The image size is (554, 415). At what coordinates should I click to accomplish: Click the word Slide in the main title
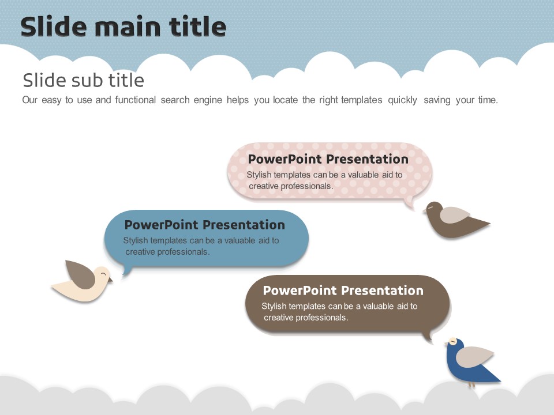point(54,27)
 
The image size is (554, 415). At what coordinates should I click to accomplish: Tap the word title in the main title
point(197,27)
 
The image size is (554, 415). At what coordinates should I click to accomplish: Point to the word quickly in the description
point(402,100)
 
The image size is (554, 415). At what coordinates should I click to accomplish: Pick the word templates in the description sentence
point(361,100)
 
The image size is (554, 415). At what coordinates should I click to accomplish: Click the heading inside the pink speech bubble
point(328,159)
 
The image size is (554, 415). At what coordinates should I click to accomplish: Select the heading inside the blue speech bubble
point(204,225)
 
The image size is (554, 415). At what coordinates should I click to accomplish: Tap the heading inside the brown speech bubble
point(343,290)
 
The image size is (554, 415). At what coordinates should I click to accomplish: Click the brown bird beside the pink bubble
point(455,220)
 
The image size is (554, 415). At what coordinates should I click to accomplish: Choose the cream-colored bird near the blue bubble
point(82,281)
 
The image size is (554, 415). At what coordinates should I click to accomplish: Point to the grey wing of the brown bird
point(454,215)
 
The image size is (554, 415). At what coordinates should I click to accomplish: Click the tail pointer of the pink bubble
point(410,204)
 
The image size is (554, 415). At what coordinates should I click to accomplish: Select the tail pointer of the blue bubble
point(127,270)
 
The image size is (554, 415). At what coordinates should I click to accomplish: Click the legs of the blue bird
point(471,385)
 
